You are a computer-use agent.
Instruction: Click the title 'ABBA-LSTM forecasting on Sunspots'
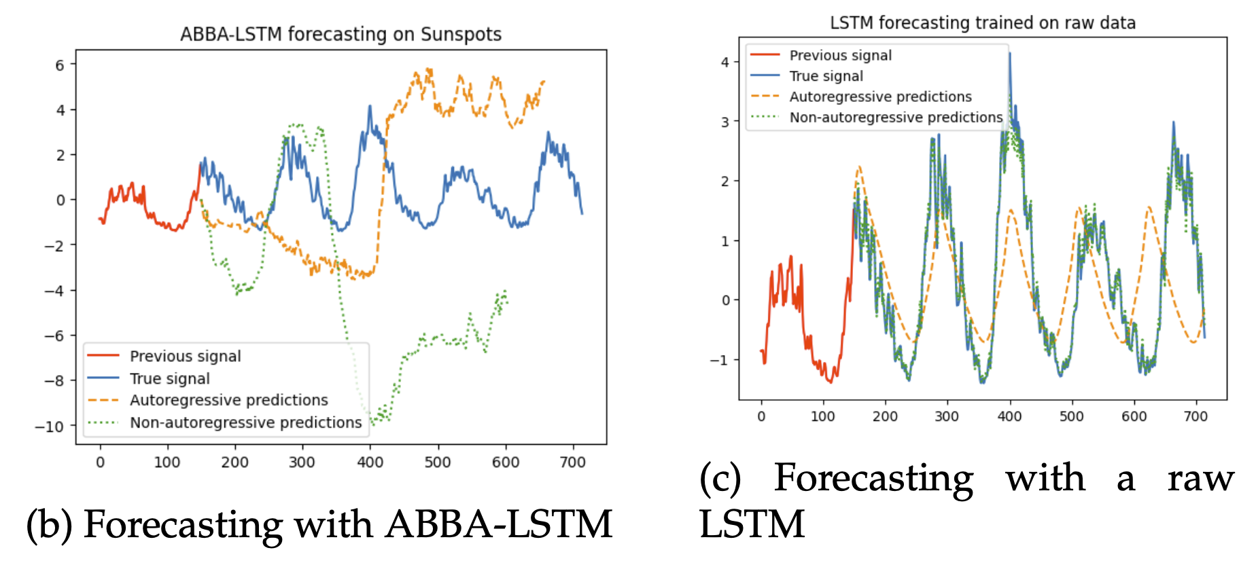341,34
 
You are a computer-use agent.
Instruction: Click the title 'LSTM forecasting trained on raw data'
982,23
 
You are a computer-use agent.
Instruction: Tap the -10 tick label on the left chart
50,426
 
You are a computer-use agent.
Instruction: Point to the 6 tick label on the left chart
60,65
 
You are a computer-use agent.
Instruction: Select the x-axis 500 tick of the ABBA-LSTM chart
438,462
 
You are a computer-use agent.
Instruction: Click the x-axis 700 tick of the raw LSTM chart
1196,416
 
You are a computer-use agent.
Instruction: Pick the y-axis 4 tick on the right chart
725,62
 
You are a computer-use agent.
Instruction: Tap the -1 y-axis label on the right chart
720,360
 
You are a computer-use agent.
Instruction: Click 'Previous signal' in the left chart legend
185,356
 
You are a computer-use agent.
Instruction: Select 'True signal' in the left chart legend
169,378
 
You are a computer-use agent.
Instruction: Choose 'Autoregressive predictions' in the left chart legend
228,400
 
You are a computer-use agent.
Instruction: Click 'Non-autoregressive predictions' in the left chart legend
245,422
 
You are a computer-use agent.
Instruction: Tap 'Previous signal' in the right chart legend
840,56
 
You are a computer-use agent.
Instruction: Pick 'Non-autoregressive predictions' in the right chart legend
896,117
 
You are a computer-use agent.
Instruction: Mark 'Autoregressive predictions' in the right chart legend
880,97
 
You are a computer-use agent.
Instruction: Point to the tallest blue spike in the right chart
1010,54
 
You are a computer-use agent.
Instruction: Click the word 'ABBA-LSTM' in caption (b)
499,525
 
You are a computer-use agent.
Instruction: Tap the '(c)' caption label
720,478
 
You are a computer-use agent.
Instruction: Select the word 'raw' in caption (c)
1200,478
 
